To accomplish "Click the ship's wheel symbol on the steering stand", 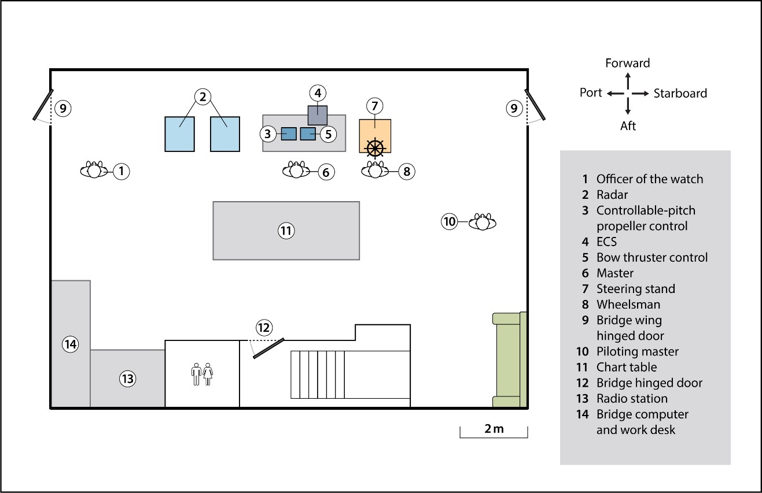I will point(375,147).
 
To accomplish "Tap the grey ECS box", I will point(318,115).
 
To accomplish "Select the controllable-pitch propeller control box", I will point(289,134).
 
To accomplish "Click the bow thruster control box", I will point(308,134).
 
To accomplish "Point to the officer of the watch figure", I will point(94,170).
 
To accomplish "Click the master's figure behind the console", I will point(296,170).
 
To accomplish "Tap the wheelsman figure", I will point(376,170).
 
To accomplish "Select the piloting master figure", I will point(483,221).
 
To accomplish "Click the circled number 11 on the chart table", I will point(286,231).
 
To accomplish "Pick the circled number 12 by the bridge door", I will point(264,328).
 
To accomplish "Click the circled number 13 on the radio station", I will point(127,379).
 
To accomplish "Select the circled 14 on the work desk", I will point(71,344).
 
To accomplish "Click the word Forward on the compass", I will point(628,63).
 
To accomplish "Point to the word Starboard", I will point(680,93).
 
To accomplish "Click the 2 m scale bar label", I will point(494,428).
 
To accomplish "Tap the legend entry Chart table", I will point(627,367).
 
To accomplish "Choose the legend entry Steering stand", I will point(635,289).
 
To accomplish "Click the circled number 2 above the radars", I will point(202,97).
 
